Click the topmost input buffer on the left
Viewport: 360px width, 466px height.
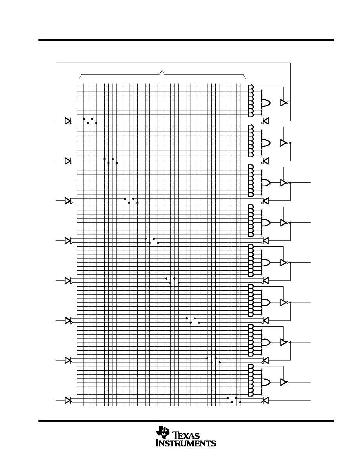67,121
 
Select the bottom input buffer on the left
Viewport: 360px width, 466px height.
67,400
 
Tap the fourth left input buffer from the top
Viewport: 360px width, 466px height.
67,241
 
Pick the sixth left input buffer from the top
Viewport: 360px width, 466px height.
67,321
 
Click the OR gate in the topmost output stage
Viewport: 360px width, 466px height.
265,103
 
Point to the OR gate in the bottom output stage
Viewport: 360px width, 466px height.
265,382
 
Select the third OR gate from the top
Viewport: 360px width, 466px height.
265,183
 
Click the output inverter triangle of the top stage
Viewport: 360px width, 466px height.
284,103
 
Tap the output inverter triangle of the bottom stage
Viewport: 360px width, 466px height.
284,382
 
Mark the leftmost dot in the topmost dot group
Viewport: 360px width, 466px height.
84,119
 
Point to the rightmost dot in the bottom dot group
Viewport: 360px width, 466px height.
240,402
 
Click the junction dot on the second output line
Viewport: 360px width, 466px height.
291,143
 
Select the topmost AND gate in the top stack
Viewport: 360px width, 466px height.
251,87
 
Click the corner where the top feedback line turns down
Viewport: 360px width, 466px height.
291,62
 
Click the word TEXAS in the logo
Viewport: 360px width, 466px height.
186,436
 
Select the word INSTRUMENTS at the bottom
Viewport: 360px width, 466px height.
186,443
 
